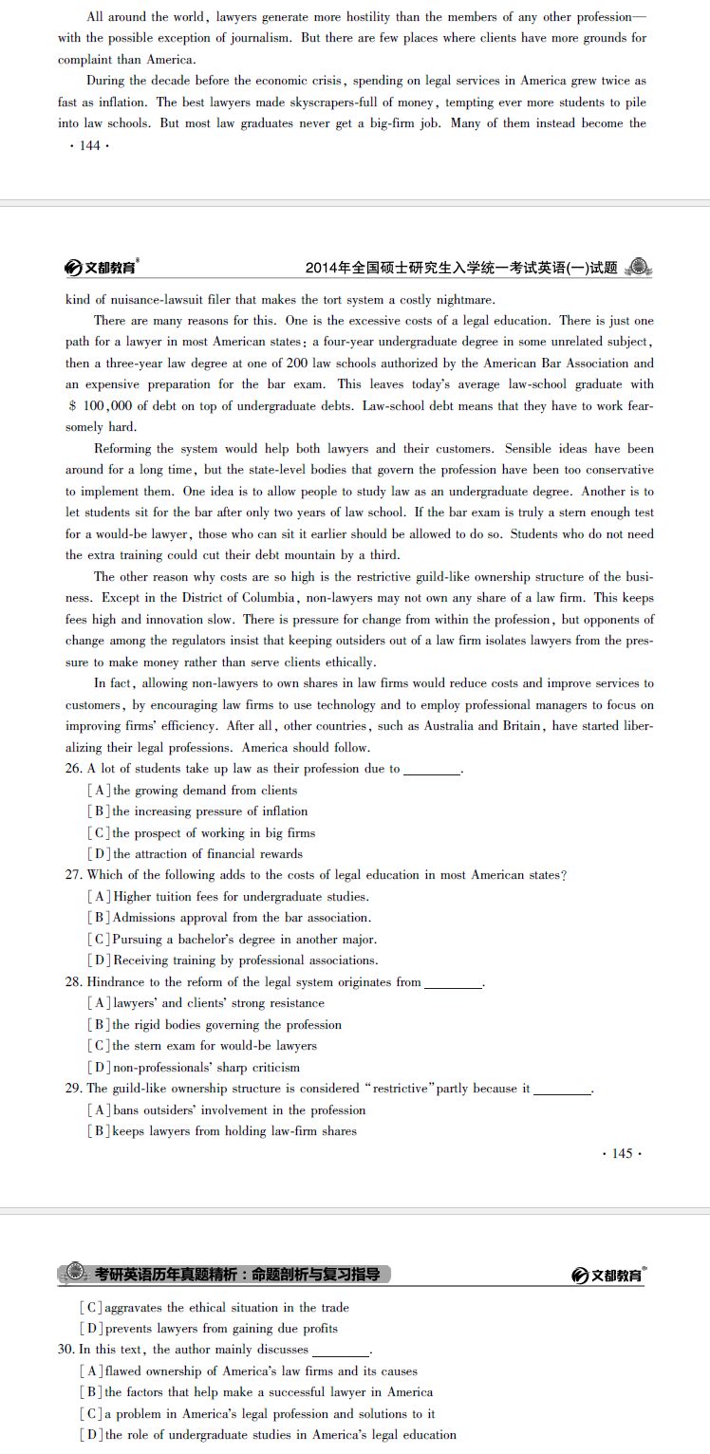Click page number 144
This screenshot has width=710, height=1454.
(x=90, y=145)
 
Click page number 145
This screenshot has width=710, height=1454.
(x=622, y=1153)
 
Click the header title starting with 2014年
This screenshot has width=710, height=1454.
(x=461, y=268)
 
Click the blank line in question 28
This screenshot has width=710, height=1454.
(x=453, y=983)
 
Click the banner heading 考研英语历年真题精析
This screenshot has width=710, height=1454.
(x=236, y=1274)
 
